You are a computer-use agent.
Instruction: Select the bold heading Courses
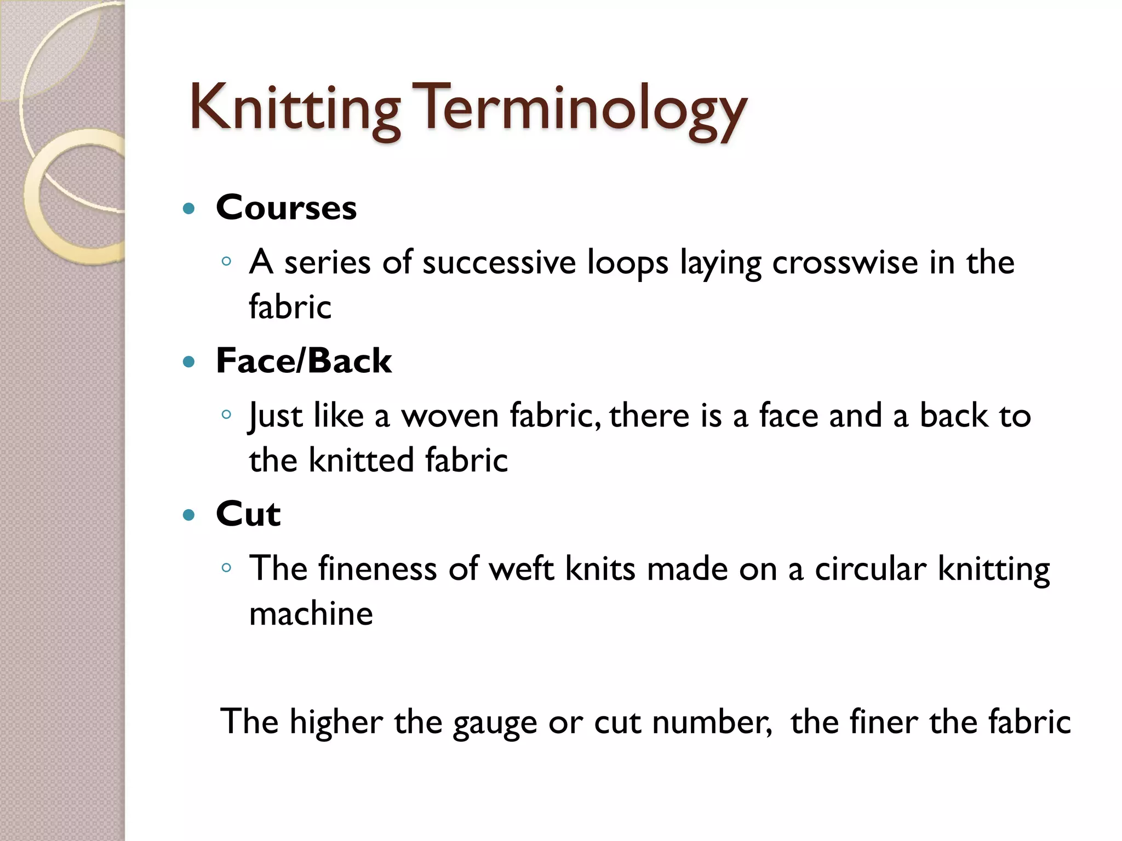[286, 208]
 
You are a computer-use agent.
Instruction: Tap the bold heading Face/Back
[304, 361]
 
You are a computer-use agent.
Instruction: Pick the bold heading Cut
[248, 514]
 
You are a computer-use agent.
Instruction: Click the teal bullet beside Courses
[189, 209]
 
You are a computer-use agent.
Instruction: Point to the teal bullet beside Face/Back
[189, 362]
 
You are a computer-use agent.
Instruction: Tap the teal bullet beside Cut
[189, 515]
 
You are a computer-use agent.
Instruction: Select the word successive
[499, 262]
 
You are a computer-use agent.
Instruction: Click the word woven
[450, 416]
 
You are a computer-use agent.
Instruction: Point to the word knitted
[361, 459]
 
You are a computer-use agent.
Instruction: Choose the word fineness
[377, 569]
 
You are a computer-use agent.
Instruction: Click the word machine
[311, 613]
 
